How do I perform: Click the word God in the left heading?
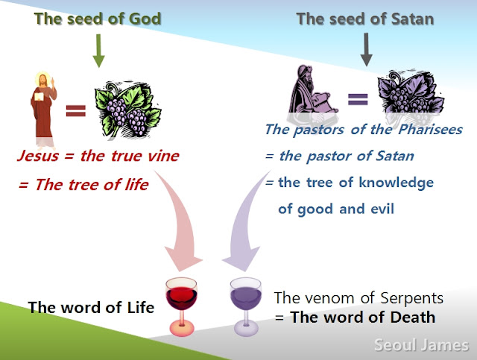[x=145, y=19]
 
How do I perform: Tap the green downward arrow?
[x=98, y=51]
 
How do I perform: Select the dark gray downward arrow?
[x=366, y=49]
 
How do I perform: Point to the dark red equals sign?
[x=76, y=111]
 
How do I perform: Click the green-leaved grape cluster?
[x=127, y=110]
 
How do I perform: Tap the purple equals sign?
[x=358, y=99]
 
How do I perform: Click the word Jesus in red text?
[x=38, y=157]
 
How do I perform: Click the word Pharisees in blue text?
[x=431, y=130]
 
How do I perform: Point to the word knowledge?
[x=396, y=183]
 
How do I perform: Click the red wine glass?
[x=182, y=306]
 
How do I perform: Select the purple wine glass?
[x=246, y=307]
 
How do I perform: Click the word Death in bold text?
[x=412, y=317]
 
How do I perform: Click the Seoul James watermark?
[x=421, y=345]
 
